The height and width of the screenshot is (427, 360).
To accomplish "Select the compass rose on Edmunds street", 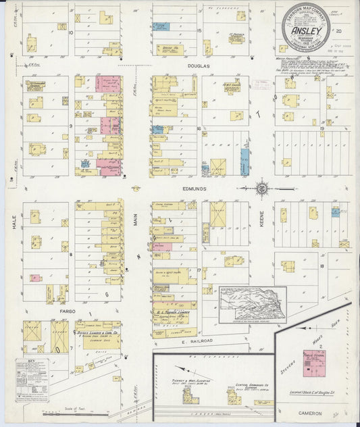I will click(x=262, y=189).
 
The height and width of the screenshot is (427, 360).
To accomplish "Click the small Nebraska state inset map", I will click(x=253, y=305).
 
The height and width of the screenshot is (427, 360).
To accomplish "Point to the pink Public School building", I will click(x=313, y=368).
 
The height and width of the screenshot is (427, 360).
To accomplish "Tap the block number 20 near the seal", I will click(x=347, y=31).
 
